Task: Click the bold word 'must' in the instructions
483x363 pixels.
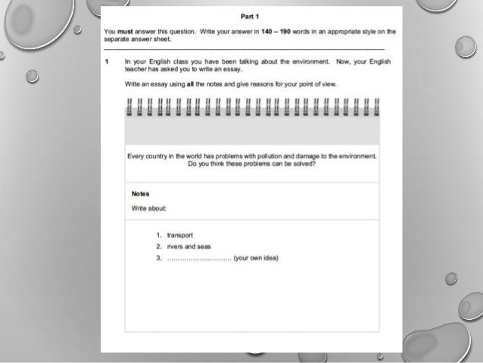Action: coord(125,33)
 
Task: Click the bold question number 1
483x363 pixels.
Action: coord(108,59)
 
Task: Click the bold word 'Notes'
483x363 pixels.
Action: coord(141,193)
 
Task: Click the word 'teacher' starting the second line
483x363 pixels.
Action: coord(136,67)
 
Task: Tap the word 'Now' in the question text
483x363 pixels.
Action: coord(316,59)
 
